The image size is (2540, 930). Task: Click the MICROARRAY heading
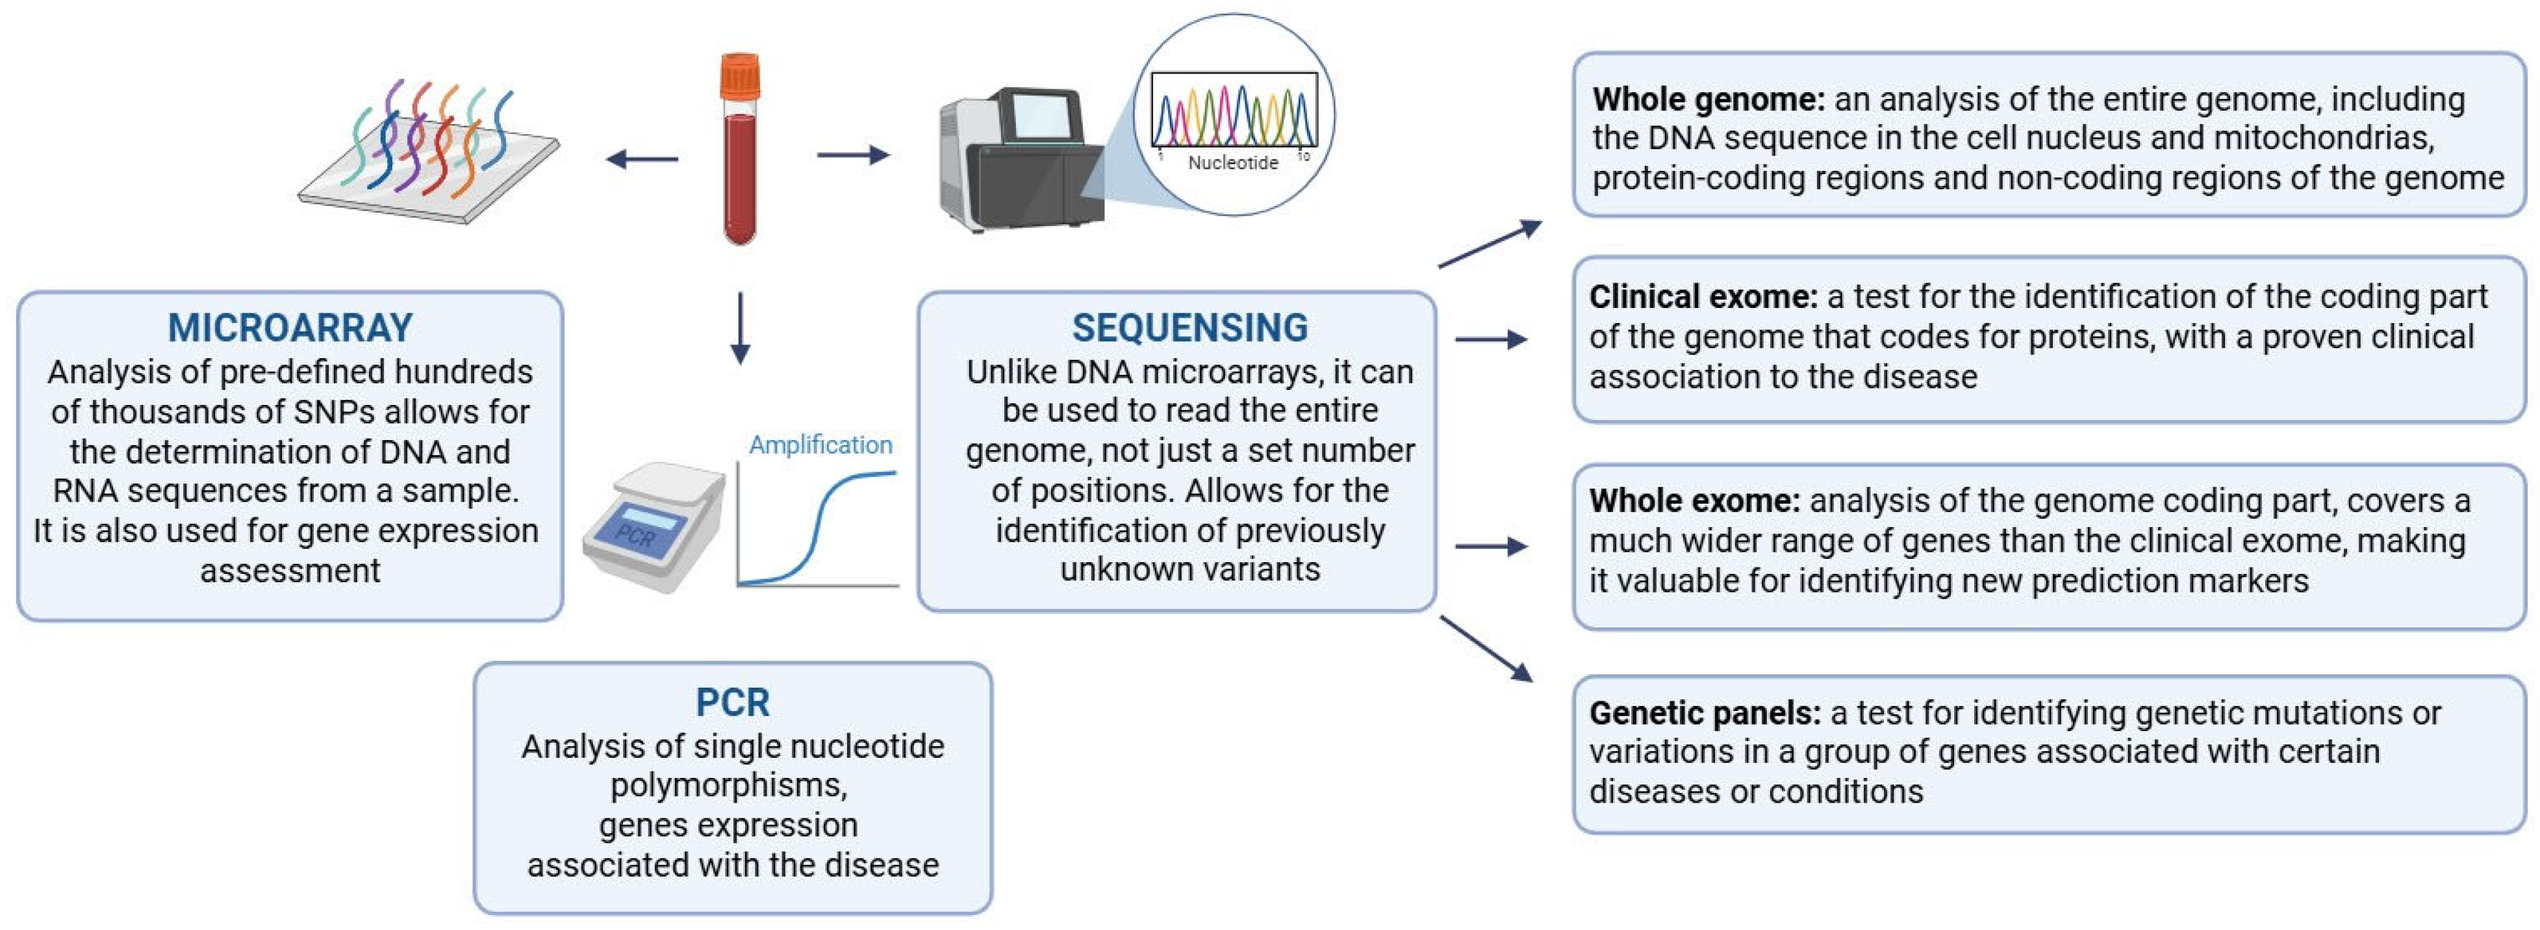290,328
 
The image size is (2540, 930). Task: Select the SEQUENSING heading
1189,328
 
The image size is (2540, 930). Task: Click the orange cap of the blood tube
739,77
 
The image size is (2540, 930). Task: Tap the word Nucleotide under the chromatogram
1232,162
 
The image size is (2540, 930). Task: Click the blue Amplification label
820,445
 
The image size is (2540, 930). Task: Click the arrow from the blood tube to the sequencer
853,155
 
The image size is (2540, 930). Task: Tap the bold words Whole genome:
1708,99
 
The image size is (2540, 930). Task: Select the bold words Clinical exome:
1703,297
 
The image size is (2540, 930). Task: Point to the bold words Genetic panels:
1704,712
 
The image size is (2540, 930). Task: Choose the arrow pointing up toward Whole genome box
1490,244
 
